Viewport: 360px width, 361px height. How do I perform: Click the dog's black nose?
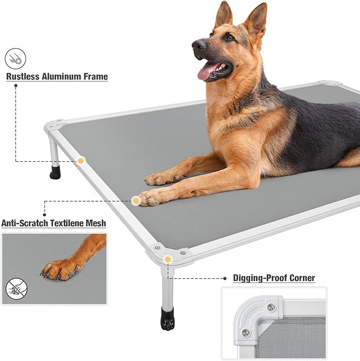[x=198, y=46]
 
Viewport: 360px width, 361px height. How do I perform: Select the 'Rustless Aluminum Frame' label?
[x=57, y=77]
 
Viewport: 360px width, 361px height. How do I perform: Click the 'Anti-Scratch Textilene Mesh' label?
[x=54, y=224]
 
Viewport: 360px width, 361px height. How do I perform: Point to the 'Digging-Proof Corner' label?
[x=274, y=278]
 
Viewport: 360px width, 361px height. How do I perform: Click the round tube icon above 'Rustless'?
[x=16, y=58]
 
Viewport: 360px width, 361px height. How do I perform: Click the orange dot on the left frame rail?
[x=81, y=161]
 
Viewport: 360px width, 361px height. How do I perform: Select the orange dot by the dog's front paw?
[x=136, y=200]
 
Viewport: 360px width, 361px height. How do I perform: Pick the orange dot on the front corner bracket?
[x=168, y=259]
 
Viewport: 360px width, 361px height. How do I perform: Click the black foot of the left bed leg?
[x=55, y=173]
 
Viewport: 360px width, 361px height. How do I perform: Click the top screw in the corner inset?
[x=271, y=307]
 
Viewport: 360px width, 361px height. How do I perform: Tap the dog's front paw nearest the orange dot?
[x=151, y=197]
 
